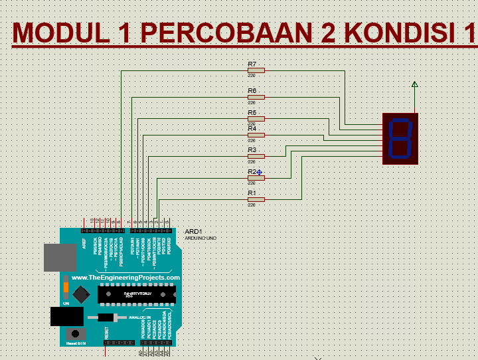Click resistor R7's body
pos(256,70)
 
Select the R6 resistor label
pos(252,90)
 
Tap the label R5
pos(252,112)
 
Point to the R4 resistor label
pos(252,128)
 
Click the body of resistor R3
pos(256,156)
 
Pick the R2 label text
pos(252,172)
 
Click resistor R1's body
pos(256,199)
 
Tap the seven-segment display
pos(401,138)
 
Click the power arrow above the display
pos(415,84)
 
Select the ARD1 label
pos(193,232)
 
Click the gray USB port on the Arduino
pos(60,257)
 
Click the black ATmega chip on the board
pos(136,292)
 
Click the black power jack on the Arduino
pos(66,316)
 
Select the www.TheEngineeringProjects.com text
pos(125,278)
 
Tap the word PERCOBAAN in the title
pos(222,33)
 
